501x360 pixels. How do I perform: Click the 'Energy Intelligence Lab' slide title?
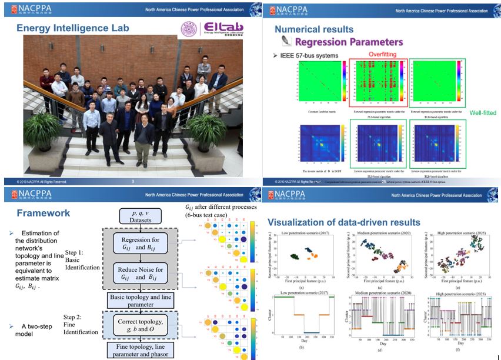pyautogui.click(x=73, y=28)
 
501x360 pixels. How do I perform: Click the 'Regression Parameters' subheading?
pyautogui.click(x=349, y=42)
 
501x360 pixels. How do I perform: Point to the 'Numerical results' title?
pyautogui.click(x=314, y=29)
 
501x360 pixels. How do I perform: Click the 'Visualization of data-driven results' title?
pyautogui.click(x=344, y=222)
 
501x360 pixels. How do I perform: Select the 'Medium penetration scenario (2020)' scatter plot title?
pyautogui.click(x=382, y=233)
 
